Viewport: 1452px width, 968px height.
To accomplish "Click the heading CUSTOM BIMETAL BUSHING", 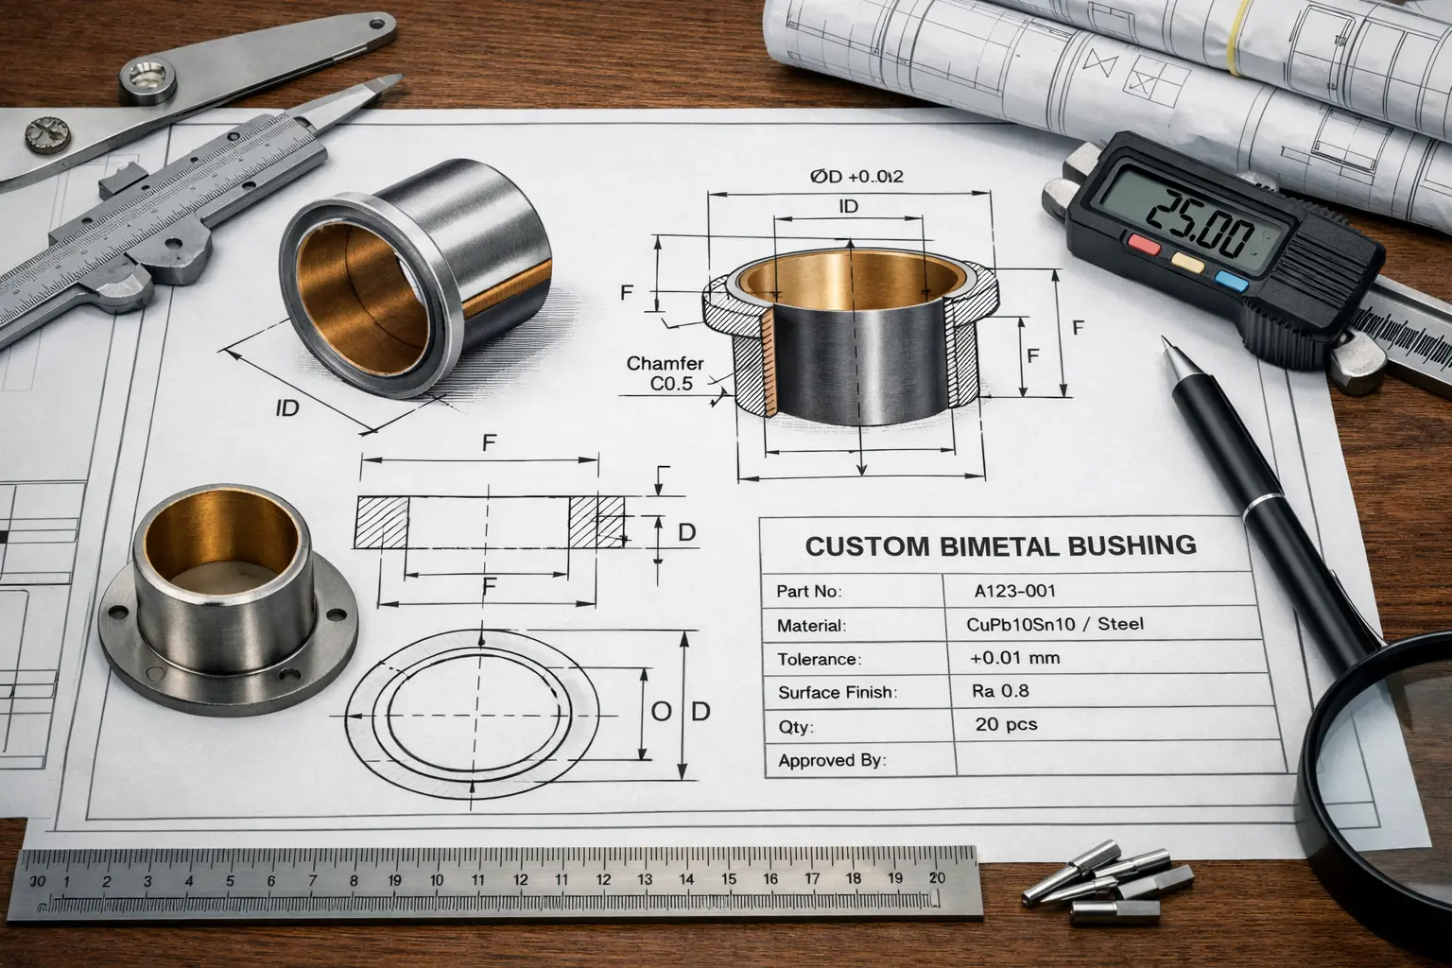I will (x=1000, y=545).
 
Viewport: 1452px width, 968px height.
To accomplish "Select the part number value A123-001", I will (x=1014, y=592).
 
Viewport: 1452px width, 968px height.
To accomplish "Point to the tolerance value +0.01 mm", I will (x=1014, y=657).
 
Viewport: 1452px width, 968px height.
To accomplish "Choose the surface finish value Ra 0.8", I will (x=1000, y=691).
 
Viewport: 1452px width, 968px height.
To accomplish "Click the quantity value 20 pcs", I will (x=1006, y=724).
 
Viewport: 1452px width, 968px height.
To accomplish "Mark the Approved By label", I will (x=832, y=760).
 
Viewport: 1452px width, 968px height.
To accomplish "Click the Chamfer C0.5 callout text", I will (x=665, y=373).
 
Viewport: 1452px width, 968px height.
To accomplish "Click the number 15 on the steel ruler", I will (x=728, y=879).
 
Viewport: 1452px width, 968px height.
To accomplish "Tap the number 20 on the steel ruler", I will (x=936, y=876).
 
